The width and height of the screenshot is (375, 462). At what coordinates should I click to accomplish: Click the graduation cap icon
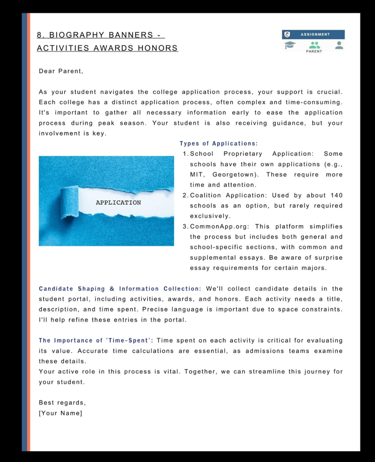point(289,45)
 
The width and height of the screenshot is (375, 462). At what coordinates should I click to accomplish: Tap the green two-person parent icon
point(315,45)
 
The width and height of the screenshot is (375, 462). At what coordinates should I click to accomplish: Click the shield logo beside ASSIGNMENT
point(288,34)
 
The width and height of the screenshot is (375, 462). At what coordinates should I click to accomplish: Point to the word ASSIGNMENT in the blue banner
point(315,34)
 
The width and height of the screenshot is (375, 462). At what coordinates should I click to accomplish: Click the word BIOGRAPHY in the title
point(82,35)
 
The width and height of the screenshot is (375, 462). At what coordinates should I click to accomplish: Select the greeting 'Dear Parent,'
point(61,71)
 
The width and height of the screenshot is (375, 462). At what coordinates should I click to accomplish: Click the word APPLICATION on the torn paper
point(118,202)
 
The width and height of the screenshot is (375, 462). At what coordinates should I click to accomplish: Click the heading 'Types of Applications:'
point(219,143)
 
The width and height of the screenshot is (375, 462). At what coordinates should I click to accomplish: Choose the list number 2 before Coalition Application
point(185,195)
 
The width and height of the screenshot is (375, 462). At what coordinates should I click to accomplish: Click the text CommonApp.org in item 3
point(218,226)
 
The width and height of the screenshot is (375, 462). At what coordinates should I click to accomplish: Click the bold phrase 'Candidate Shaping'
point(71,289)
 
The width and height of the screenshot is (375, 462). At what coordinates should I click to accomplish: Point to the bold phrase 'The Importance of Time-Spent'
point(96,340)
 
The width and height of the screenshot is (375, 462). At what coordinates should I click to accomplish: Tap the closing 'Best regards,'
point(62,403)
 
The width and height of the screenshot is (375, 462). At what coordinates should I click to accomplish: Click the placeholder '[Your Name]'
point(60,413)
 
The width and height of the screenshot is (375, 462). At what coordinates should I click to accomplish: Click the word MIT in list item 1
point(197,175)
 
